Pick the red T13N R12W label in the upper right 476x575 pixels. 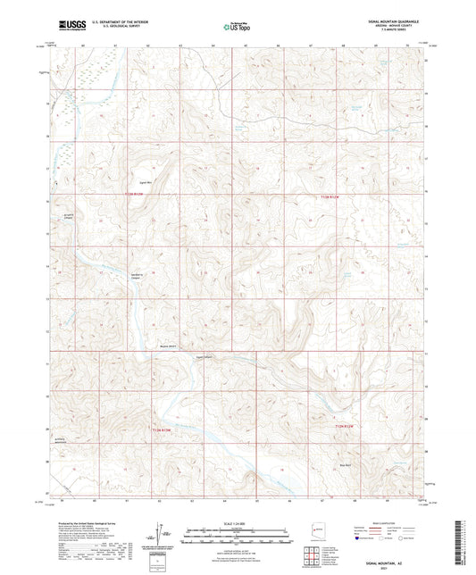pos(330,195)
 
